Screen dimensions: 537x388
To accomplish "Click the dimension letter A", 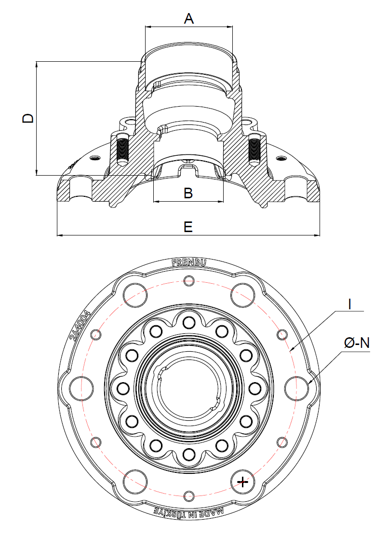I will [189, 19].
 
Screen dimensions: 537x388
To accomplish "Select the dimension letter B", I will [188, 193].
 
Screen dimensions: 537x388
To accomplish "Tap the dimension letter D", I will [28, 118].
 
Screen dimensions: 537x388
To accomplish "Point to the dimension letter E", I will [188, 227].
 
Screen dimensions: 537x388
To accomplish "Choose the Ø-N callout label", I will [357, 343].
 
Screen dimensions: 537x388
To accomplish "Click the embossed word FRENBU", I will [189, 263].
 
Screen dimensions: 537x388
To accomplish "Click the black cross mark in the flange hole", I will [242, 482].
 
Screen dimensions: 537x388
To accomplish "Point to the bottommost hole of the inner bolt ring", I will [189, 454].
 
